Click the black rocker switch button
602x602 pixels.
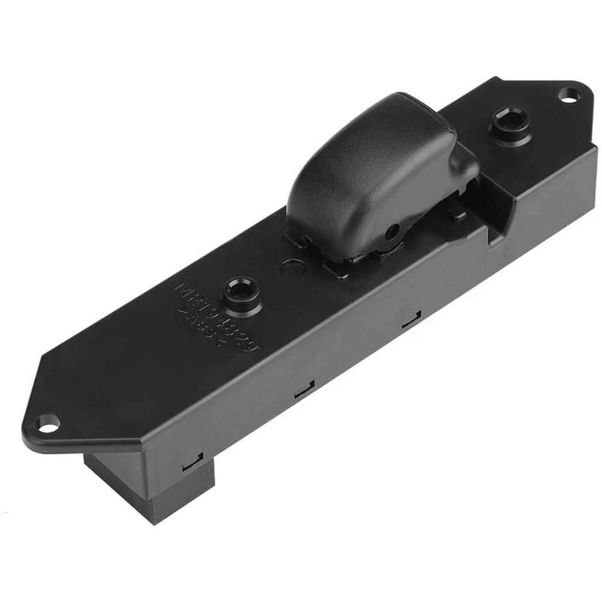(x=373, y=174)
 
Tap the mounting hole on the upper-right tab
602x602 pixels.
(x=567, y=94)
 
